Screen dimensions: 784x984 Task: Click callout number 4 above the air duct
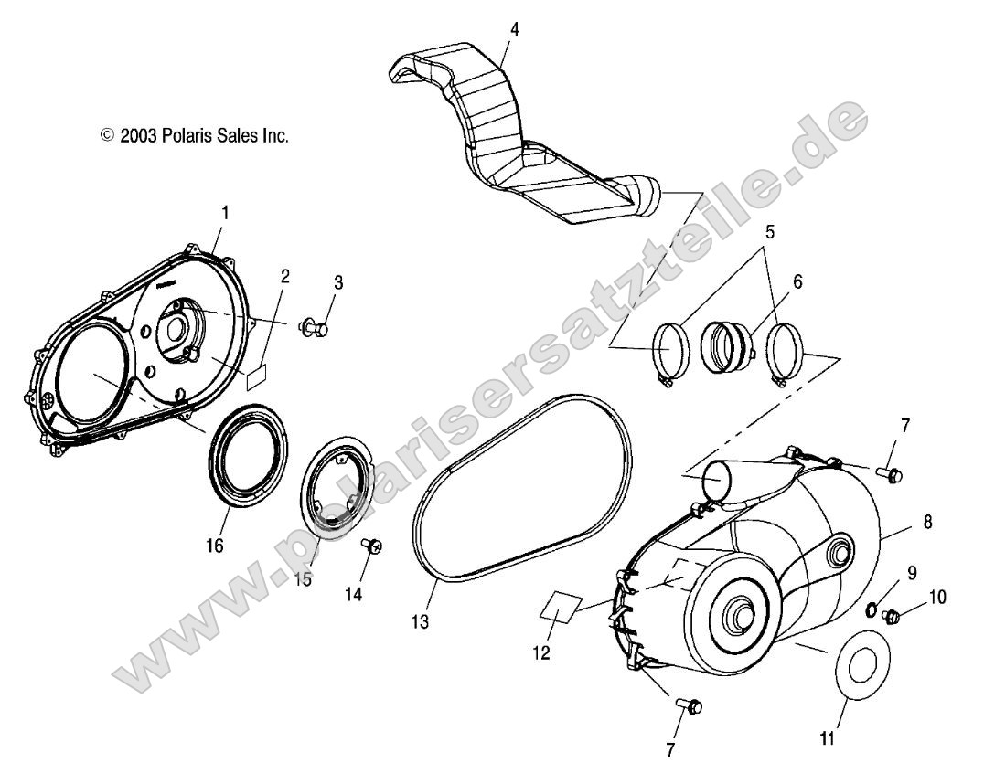tap(515, 28)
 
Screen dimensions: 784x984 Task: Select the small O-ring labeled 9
tap(873, 609)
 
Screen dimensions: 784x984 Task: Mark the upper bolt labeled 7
tap(890, 473)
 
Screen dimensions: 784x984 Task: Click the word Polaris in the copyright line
tap(189, 135)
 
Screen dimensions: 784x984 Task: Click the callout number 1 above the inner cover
tap(225, 212)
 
